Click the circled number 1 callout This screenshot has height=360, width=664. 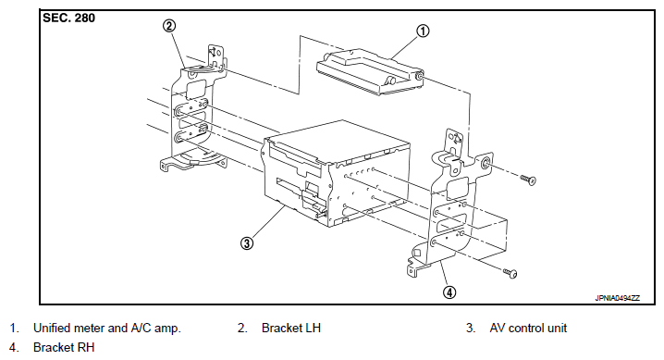coord(423,31)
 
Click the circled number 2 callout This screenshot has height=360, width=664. coord(169,26)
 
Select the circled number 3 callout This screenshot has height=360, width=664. coord(247,243)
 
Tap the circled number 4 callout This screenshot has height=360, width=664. coord(449,292)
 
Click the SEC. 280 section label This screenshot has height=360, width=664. coord(69,19)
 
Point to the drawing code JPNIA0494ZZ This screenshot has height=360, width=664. coord(618,298)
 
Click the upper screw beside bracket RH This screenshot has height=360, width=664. coord(528,180)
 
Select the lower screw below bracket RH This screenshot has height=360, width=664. coord(510,273)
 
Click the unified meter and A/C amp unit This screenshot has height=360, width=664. coord(371,72)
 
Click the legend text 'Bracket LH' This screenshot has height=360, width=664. coord(291,328)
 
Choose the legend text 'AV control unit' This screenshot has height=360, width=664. coord(528,328)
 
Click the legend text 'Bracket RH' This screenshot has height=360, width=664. coord(64,347)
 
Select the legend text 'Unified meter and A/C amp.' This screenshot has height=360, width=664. coord(107,328)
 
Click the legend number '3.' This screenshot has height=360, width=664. coord(471,328)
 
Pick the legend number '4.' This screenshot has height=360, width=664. coord(15,347)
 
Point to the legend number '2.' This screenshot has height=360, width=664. coord(242,328)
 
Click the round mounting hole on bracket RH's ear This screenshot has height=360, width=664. coord(486,163)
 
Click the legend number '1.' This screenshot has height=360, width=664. coord(15,328)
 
